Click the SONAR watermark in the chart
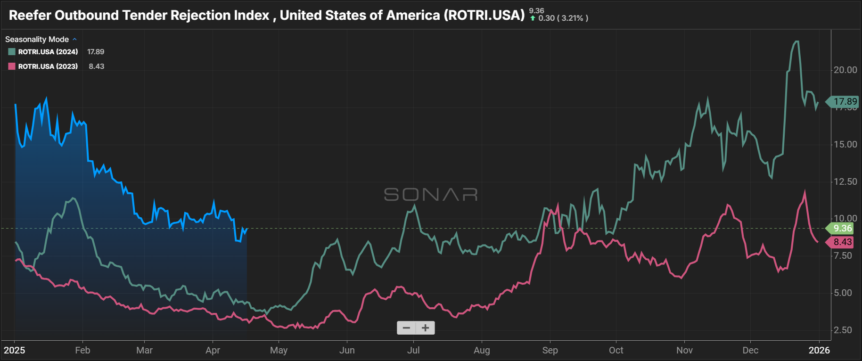(x=431, y=194)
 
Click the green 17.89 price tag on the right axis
(x=844, y=101)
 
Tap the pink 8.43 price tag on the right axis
(x=842, y=242)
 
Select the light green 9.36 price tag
(x=842, y=228)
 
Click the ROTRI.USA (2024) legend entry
(x=48, y=52)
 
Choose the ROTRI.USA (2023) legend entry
(x=48, y=66)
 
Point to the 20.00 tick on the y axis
(x=845, y=70)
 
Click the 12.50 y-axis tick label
(x=845, y=181)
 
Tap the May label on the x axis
(x=279, y=350)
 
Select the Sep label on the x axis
(x=550, y=350)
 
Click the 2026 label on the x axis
(x=819, y=350)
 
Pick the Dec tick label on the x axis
(x=750, y=350)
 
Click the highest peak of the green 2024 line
(x=796, y=41)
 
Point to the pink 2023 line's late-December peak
(x=805, y=191)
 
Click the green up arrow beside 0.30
(x=533, y=18)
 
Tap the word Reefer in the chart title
(x=30, y=15)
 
